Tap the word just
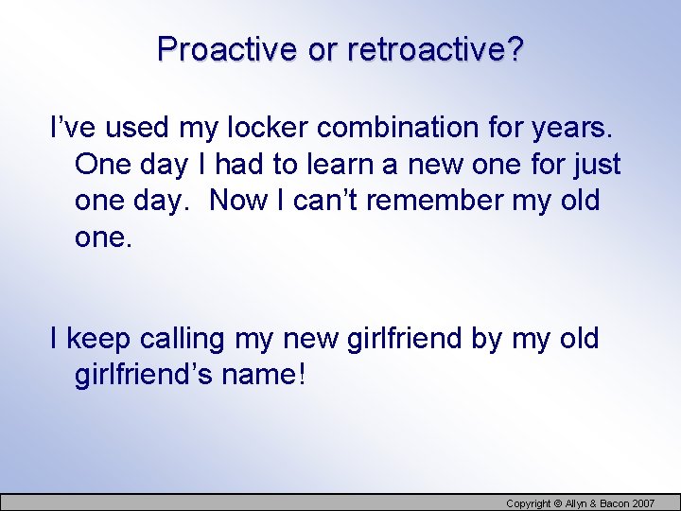pos(597,165)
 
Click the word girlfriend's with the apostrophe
pos(143,376)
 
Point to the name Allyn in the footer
pos(576,503)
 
